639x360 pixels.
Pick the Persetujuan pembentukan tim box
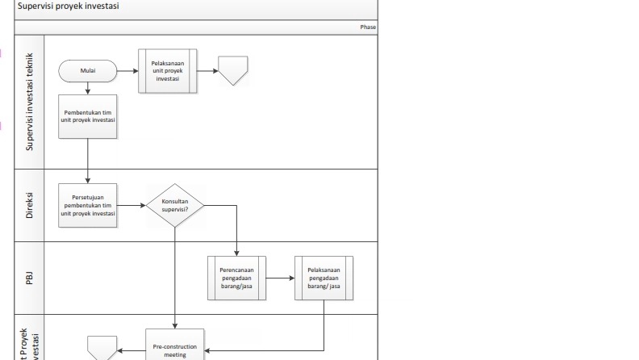point(87,207)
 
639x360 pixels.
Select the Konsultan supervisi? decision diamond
point(174,207)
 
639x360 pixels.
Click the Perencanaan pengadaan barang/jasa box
point(237,278)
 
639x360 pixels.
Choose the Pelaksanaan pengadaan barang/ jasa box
point(324,278)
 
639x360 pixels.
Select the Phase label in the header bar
point(367,27)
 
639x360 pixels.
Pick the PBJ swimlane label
point(30,278)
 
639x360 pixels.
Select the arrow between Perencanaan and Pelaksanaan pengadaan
point(280,278)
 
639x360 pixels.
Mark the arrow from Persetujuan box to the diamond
point(131,207)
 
